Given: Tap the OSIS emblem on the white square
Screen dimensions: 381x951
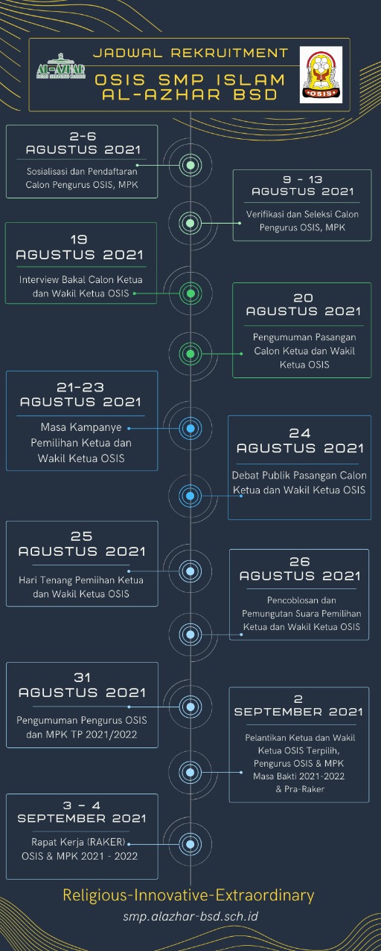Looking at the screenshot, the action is pyautogui.click(x=321, y=75).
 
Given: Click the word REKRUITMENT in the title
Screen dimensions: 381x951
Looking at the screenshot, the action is pyautogui.click(x=230, y=53).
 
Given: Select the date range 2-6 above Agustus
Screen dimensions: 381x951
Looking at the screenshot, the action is pyautogui.click(x=83, y=136).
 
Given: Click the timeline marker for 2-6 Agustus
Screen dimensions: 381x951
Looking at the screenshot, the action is pyautogui.click(x=190, y=165).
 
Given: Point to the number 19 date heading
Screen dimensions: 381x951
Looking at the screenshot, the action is pyautogui.click(x=79, y=240).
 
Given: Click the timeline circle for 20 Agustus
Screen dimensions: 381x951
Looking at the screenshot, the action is pyautogui.click(x=190, y=353).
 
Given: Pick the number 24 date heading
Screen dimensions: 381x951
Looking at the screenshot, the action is pyautogui.click(x=299, y=433).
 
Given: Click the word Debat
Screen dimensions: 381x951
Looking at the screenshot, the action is pyautogui.click(x=245, y=475).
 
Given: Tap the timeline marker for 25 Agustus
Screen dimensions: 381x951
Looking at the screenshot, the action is pyautogui.click(x=190, y=571).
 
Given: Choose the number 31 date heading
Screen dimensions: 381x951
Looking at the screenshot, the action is pyautogui.click(x=82, y=678).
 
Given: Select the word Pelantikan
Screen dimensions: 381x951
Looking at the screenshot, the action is pyautogui.click(x=266, y=738).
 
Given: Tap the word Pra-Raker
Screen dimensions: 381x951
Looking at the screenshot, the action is pyautogui.click(x=304, y=789).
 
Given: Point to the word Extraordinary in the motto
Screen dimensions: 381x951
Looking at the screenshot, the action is pyautogui.click(x=265, y=895).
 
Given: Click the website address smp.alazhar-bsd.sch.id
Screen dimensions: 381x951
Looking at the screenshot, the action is pyautogui.click(x=190, y=916).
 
